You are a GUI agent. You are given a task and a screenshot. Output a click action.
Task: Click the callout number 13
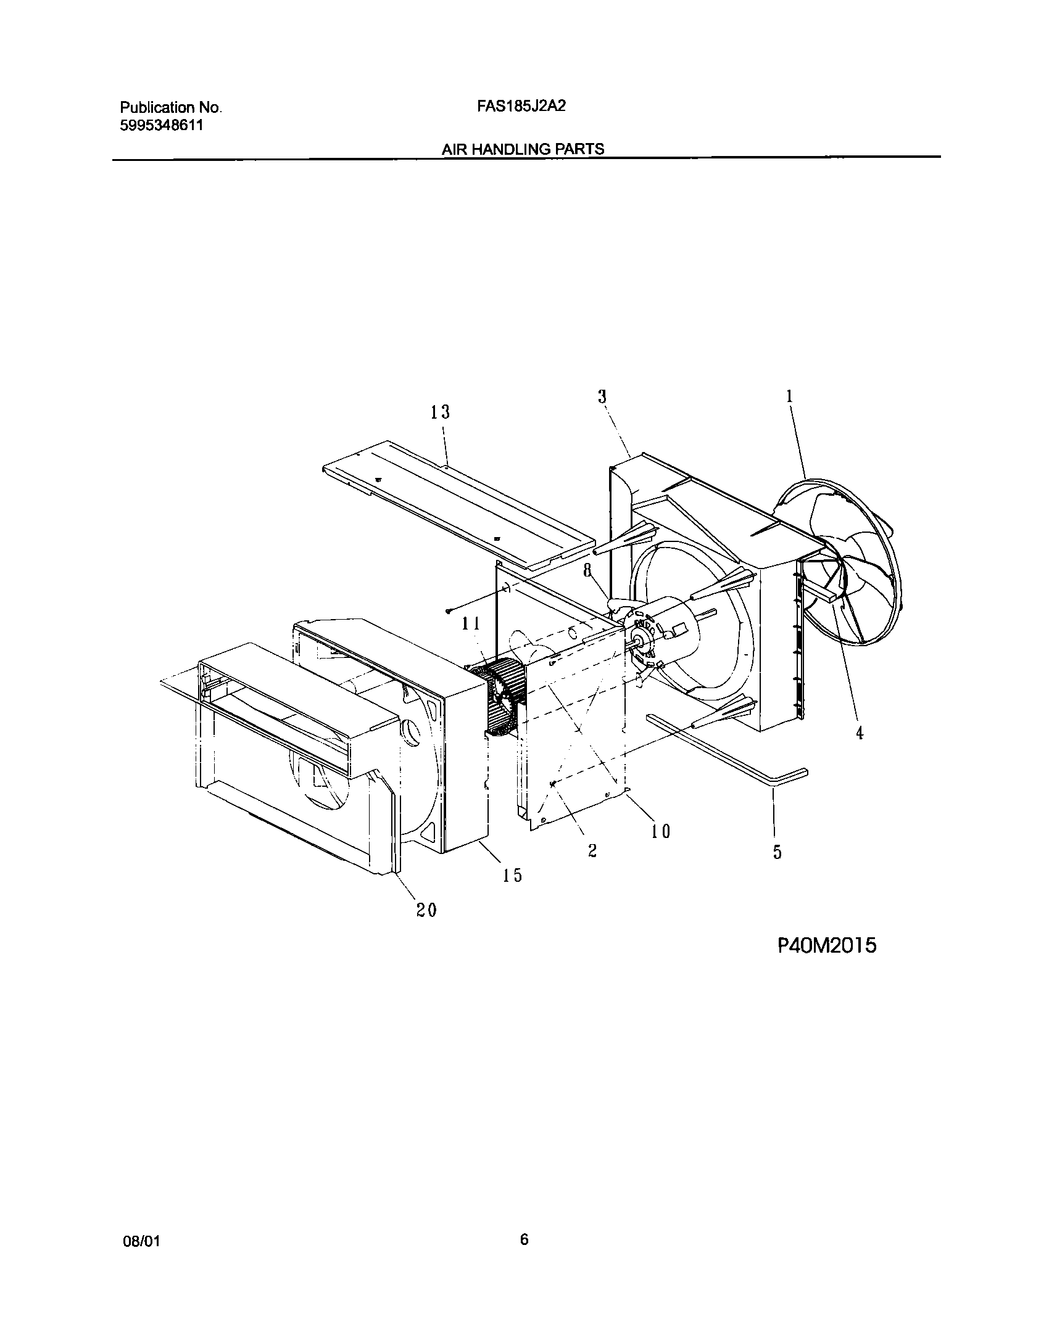pos(440,413)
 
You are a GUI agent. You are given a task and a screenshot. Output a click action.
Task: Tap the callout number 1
pos(789,396)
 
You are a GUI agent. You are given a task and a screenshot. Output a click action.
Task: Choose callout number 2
pos(592,851)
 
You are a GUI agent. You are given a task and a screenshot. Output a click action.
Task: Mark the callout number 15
pos(512,874)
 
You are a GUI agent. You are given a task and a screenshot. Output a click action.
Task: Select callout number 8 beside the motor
pos(588,570)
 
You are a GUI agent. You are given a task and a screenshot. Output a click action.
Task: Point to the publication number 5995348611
pos(161,126)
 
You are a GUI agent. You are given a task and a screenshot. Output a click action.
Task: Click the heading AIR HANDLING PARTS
pos(523,149)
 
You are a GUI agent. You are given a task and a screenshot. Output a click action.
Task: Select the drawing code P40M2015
pos(826,945)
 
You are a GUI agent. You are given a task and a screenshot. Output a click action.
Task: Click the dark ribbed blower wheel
pos(502,696)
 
